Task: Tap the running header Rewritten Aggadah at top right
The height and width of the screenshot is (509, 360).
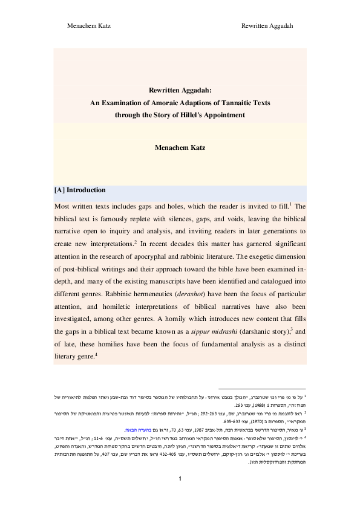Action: point(267,26)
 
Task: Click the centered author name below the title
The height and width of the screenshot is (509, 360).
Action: point(180,147)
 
